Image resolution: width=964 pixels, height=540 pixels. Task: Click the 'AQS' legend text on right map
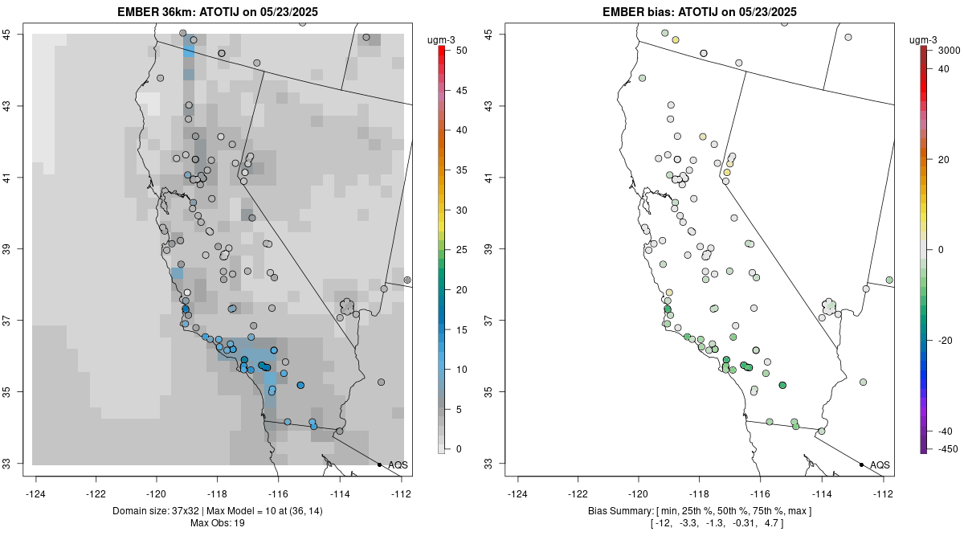point(880,464)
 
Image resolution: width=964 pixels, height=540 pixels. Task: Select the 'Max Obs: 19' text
point(217,523)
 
